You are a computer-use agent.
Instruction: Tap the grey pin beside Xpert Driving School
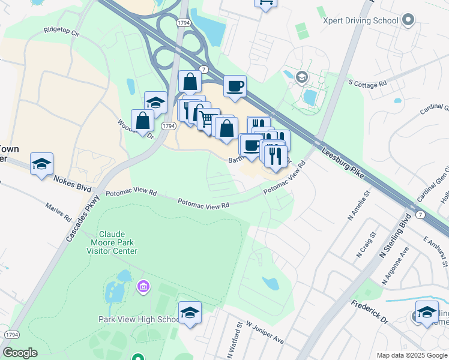coord(408,20)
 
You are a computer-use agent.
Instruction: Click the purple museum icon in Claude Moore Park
coord(142,287)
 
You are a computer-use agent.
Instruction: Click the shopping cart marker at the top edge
coord(265,3)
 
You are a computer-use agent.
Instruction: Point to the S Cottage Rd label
coord(367,85)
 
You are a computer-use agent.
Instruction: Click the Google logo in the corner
coord(20,353)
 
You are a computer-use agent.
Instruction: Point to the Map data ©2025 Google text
coord(411,355)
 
